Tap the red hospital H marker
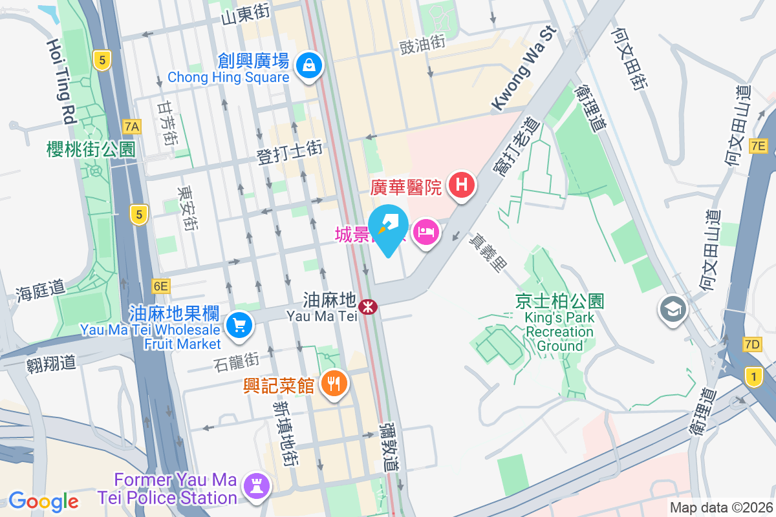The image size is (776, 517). (461, 185)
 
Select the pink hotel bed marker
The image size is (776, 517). (425, 231)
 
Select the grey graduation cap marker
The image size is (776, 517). (673, 310)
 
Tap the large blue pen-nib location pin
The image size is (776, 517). (388, 227)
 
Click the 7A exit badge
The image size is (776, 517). (132, 125)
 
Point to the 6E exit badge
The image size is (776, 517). (161, 286)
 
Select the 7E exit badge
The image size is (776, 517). (758, 146)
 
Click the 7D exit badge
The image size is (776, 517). (752, 344)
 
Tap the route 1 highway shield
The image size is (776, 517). (753, 375)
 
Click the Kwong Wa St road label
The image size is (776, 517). (524, 68)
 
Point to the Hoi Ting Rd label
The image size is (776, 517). (61, 80)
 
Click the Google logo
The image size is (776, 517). (43, 501)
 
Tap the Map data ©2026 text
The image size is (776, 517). (720, 508)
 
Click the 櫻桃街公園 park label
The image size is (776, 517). (91, 149)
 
